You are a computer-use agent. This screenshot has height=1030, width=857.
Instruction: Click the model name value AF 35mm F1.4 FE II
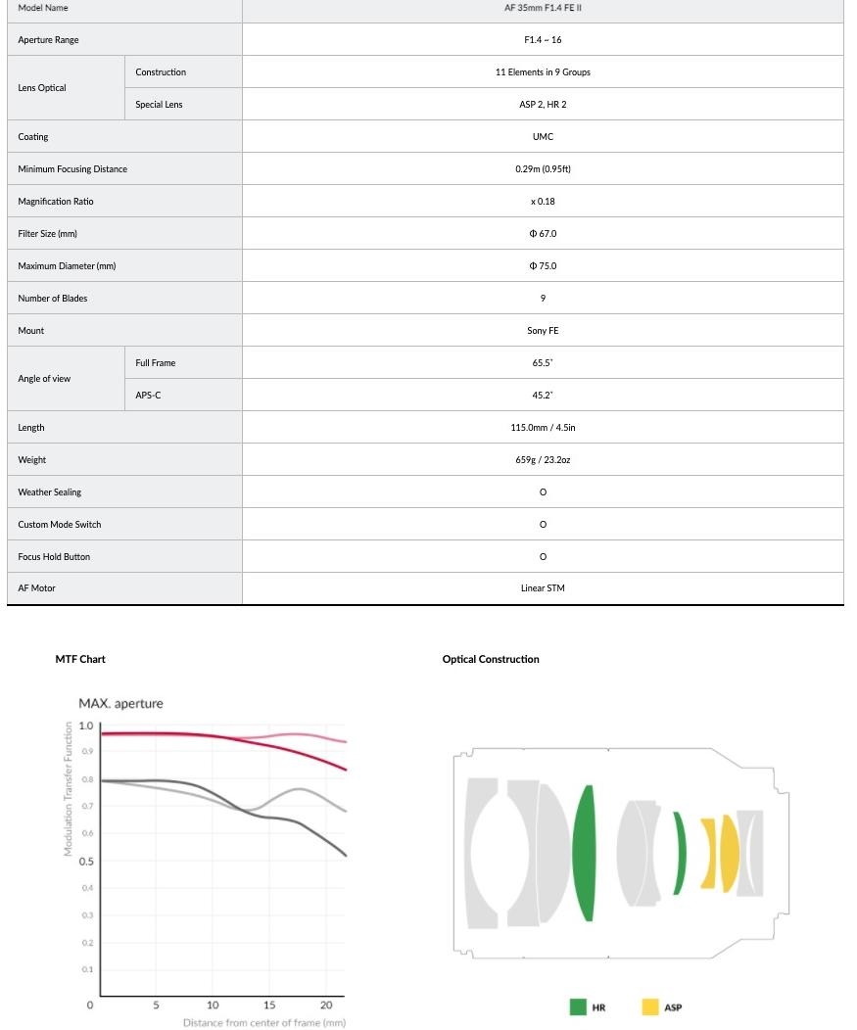(x=543, y=8)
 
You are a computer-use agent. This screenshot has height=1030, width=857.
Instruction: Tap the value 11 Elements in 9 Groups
(x=543, y=72)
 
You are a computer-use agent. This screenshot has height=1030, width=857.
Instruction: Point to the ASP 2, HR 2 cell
(x=543, y=105)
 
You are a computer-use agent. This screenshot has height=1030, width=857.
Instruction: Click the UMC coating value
(x=543, y=137)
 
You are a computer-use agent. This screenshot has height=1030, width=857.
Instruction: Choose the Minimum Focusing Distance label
(x=72, y=169)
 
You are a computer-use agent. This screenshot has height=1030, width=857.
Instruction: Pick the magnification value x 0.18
(x=543, y=202)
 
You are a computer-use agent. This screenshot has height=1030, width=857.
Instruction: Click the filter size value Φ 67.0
(x=543, y=234)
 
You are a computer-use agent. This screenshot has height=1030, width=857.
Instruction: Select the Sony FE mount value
(x=543, y=331)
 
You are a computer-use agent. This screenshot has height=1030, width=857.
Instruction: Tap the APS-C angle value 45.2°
(x=543, y=396)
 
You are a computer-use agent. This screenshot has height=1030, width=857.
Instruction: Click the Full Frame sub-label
(x=156, y=363)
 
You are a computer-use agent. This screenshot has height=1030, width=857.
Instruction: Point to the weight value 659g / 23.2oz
(x=543, y=460)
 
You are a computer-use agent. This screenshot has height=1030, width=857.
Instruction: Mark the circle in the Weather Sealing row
(x=543, y=492)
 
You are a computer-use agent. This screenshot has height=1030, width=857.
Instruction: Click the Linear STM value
(x=543, y=588)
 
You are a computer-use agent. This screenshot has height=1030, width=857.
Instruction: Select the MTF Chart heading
(x=80, y=659)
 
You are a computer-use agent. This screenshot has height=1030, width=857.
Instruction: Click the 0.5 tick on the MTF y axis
(x=86, y=862)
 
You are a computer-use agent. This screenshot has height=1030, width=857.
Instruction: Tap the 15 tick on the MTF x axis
(x=269, y=1005)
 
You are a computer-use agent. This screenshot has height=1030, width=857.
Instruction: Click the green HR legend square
(x=578, y=1007)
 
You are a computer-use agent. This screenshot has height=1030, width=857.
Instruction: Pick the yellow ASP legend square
(x=650, y=1007)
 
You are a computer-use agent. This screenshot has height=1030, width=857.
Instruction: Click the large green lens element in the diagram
(x=584, y=853)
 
